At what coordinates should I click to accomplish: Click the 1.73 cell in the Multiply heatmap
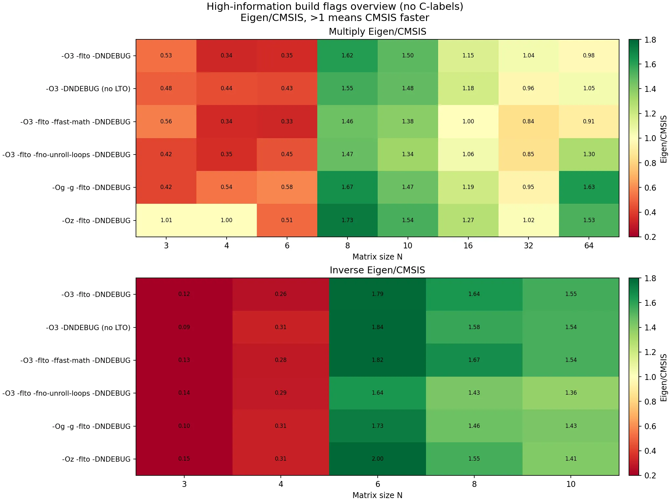click(x=347, y=220)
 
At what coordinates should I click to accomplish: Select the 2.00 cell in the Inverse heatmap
click(x=377, y=459)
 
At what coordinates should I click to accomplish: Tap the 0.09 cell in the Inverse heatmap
click(x=184, y=327)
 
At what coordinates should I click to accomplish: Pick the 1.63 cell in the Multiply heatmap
click(x=589, y=187)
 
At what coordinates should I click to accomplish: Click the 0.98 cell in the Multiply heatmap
click(x=589, y=55)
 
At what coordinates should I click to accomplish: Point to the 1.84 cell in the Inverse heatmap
click(x=377, y=327)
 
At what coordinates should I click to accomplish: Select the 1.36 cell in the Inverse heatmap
click(x=571, y=393)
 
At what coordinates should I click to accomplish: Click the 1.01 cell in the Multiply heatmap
click(x=166, y=220)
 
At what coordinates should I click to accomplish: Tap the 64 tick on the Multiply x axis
click(x=589, y=246)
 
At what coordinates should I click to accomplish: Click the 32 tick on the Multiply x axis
click(x=528, y=246)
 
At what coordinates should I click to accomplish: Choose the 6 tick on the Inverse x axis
click(x=377, y=484)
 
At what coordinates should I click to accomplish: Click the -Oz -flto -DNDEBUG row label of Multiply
click(x=96, y=220)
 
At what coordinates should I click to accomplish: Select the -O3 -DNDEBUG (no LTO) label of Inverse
click(x=88, y=327)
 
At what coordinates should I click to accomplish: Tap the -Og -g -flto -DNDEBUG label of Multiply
click(x=91, y=187)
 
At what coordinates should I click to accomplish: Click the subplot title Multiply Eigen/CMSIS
click(x=377, y=31)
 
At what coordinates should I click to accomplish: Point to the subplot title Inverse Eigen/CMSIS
click(x=377, y=270)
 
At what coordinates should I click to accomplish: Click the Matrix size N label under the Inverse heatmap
click(x=377, y=495)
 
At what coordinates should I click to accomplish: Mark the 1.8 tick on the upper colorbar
click(x=650, y=40)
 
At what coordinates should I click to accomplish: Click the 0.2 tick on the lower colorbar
click(x=650, y=475)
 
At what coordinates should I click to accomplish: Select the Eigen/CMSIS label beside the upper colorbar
click(x=664, y=138)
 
